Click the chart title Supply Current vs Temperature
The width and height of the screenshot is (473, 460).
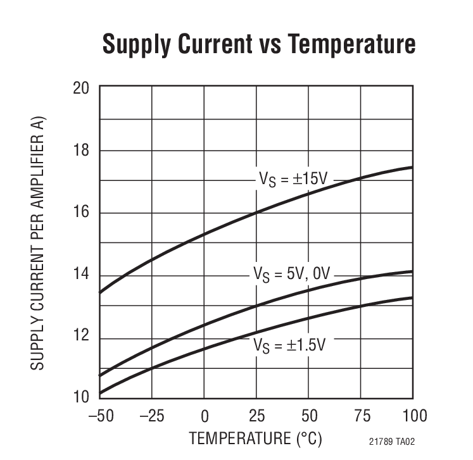pyautogui.click(x=258, y=44)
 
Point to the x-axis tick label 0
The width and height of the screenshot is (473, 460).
pyautogui.click(x=205, y=416)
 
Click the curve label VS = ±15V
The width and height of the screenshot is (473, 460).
pyautogui.click(x=292, y=180)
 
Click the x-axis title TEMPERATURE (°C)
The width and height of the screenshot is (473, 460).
pyautogui.click(x=256, y=438)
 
